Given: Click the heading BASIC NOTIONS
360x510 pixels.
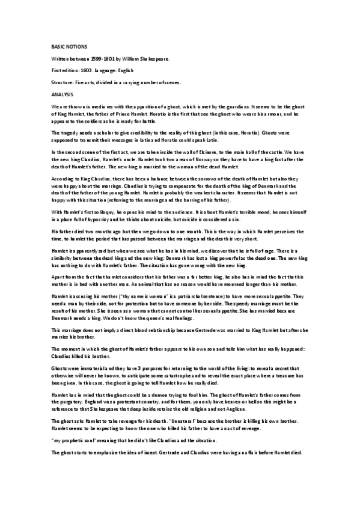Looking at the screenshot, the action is [x=68, y=46].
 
